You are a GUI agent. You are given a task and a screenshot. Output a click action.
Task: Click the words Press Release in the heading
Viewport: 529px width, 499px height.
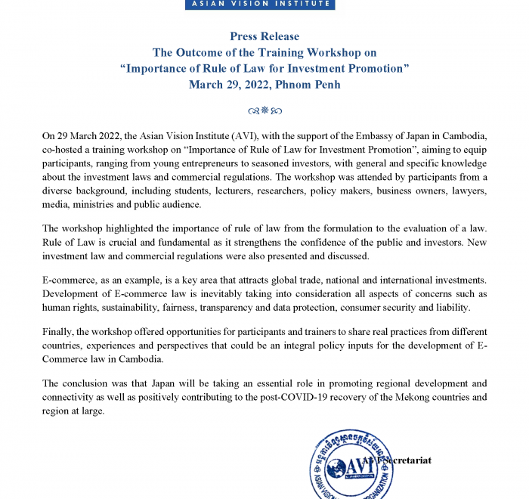[264, 36]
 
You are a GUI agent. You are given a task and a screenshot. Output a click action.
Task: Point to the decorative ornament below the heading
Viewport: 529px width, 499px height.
[264, 110]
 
